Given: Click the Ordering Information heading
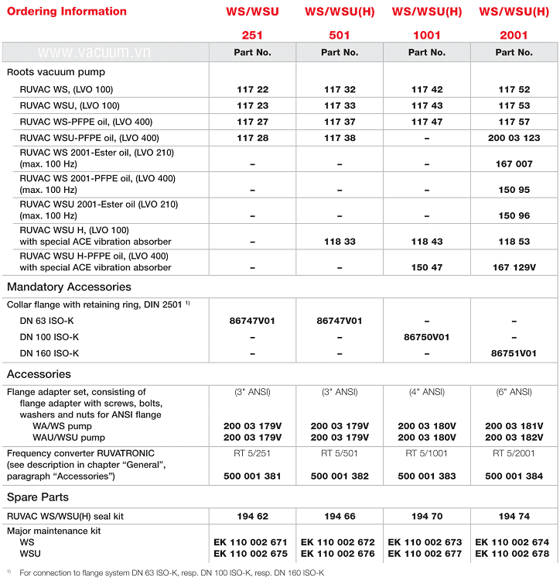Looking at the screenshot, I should point(67,12).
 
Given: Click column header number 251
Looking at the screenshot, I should point(252,35).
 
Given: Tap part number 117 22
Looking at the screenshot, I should point(252,90).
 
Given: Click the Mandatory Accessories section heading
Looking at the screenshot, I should point(67,287).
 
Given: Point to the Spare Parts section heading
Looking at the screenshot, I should point(38,497).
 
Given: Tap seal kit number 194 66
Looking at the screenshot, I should point(340,515).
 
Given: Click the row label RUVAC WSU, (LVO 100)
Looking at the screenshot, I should point(70,105).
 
